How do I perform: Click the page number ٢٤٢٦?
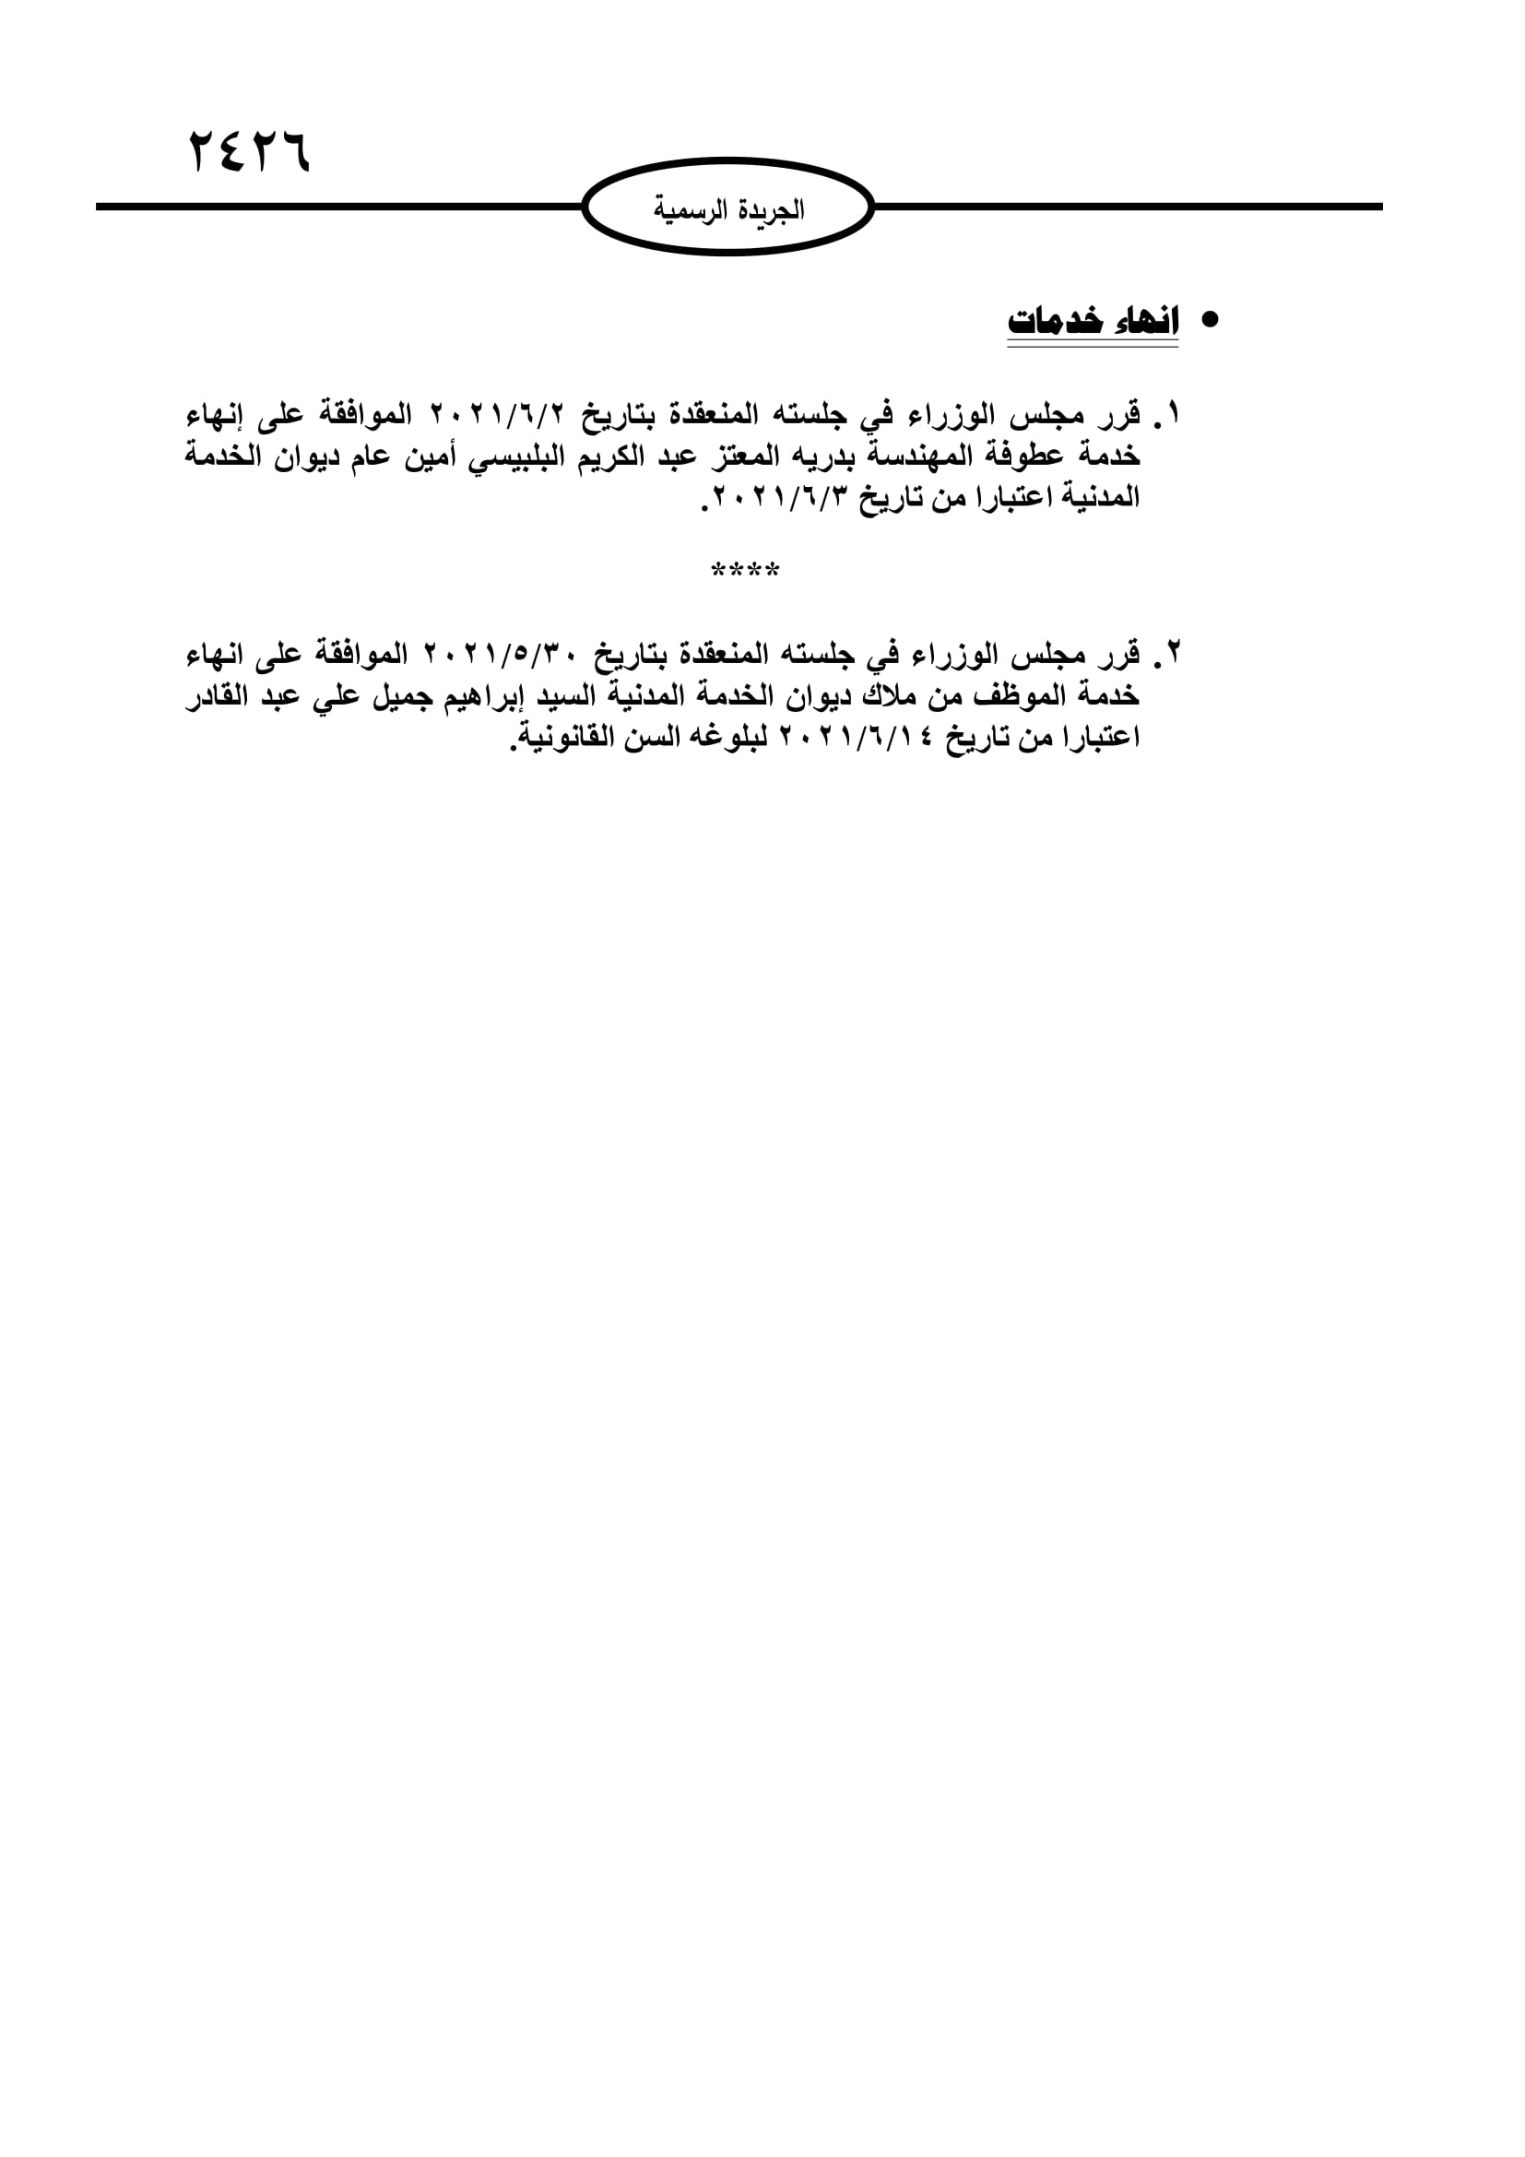(x=249, y=151)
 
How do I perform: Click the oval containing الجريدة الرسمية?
(x=728, y=207)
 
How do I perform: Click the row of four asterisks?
(x=746, y=571)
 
